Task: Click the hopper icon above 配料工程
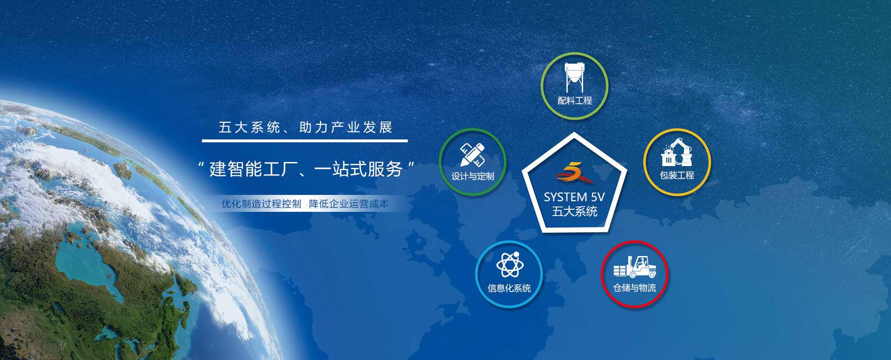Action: point(575,77)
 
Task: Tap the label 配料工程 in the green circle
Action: point(575,101)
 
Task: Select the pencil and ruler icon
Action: point(472,155)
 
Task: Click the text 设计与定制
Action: point(472,176)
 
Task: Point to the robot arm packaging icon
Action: point(677,152)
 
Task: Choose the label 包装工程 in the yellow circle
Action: point(677,175)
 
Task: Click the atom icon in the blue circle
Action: point(509,265)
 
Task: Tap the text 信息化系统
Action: point(509,288)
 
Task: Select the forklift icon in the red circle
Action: point(634,267)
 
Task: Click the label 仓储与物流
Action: point(634,288)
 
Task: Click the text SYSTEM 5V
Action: point(574,197)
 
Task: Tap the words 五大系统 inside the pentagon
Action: point(575,211)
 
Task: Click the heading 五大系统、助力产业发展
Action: point(306,127)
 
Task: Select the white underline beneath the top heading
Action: point(305,141)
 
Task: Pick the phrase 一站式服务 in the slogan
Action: point(358,169)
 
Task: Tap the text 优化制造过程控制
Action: point(261,204)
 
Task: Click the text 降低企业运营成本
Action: point(349,204)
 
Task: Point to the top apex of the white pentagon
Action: point(574,133)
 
